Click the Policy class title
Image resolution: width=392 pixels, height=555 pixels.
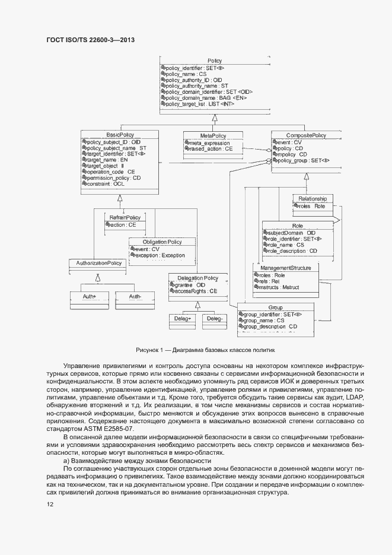click(x=215, y=61)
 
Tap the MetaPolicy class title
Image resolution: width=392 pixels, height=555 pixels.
click(x=212, y=135)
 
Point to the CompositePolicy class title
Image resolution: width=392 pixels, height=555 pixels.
click(x=306, y=135)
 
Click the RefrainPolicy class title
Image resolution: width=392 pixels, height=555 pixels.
click(x=124, y=218)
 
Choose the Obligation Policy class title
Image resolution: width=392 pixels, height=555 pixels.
click(x=162, y=242)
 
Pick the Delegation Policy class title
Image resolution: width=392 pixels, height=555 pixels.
click(x=193, y=278)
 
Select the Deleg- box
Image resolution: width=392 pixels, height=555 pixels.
click(x=214, y=319)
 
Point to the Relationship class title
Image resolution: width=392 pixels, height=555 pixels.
click(x=313, y=198)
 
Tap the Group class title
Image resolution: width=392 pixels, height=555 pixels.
click(x=275, y=307)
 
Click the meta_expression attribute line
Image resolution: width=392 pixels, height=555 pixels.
click(x=208, y=142)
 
